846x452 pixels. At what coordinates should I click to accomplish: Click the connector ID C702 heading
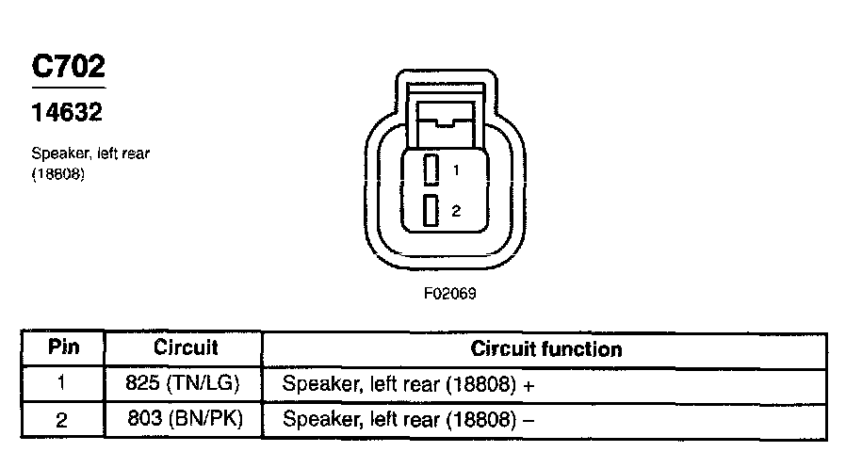pyautogui.click(x=68, y=67)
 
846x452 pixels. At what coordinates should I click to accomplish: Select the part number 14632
pyautogui.click(x=67, y=114)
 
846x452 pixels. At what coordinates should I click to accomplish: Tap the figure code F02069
pyautogui.click(x=449, y=293)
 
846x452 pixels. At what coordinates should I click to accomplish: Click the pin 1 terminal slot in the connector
pyautogui.click(x=431, y=170)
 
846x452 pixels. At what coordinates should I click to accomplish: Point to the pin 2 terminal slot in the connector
pyautogui.click(x=431, y=210)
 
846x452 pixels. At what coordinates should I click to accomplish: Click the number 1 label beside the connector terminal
pyautogui.click(x=455, y=171)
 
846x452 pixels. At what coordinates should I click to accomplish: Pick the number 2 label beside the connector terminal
pyautogui.click(x=455, y=211)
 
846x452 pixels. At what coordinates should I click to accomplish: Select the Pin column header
pyautogui.click(x=63, y=347)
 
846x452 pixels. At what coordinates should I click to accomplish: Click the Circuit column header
pyautogui.click(x=186, y=347)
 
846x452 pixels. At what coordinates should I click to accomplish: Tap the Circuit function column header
pyautogui.click(x=546, y=349)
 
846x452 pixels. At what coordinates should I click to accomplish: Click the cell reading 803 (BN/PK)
pyautogui.click(x=185, y=418)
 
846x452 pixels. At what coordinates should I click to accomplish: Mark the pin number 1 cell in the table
pyautogui.click(x=62, y=384)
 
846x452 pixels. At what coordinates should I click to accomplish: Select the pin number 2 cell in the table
pyautogui.click(x=62, y=420)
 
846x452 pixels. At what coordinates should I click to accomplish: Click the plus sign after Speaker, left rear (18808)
pyautogui.click(x=529, y=385)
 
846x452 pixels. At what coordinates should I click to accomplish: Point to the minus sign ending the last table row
pyautogui.click(x=528, y=420)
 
